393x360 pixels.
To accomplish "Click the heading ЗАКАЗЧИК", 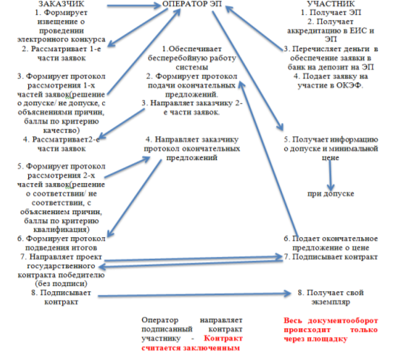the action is pos(61,4).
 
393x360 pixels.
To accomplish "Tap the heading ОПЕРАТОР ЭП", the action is pos(192,4).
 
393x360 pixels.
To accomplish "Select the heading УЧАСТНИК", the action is pos(331,4).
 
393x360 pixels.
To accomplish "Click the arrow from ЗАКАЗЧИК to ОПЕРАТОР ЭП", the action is pos(134,5).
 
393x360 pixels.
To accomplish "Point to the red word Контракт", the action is pos(223,339).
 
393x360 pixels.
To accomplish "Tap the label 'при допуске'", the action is pos(331,193).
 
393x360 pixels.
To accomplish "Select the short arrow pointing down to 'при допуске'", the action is pos(330,175).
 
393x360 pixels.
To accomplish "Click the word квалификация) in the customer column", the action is pos(61,230).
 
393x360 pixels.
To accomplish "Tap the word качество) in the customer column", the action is pos(61,130).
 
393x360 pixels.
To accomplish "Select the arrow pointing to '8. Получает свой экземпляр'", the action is pos(194,295).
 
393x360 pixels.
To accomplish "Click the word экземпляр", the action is pos(331,302).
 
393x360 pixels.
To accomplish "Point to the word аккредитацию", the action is pos(315,31).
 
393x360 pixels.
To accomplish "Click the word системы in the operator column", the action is pos(192,67).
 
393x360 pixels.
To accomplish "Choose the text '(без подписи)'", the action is pos(61,284).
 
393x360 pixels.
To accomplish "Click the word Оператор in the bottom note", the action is pos(160,320).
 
